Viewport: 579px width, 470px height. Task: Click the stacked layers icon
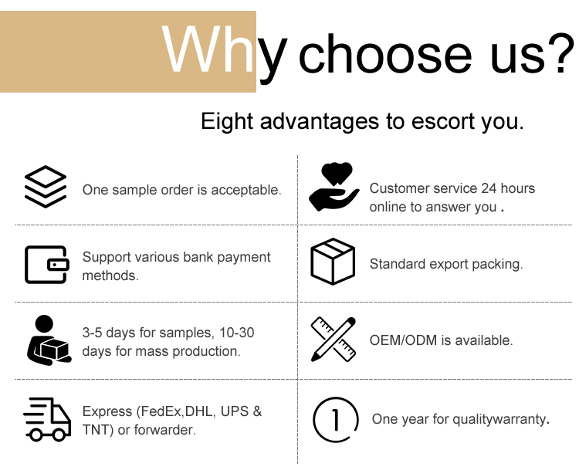(x=46, y=187)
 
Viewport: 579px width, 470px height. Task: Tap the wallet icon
(x=47, y=265)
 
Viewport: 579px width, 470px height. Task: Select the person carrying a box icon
(x=49, y=340)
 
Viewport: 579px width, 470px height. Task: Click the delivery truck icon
(x=47, y=419)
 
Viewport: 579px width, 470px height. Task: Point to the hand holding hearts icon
(x=334, y=187)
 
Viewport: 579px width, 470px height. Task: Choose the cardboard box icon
(x=333, y=262)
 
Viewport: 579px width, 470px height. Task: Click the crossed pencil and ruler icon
(x=333, y=340)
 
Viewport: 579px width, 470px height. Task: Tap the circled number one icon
(x=336, y=419)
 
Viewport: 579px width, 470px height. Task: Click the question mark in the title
(x=564, y=53)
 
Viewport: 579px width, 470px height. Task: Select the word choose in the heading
(x=385, y=54)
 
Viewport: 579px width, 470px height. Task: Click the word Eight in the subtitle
(x=227, y=121)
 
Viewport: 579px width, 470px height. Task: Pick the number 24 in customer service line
(x=489, y=188)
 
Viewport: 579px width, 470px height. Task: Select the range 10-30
(x=237, y=333)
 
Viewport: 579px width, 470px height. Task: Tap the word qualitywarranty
(x=499, y=419)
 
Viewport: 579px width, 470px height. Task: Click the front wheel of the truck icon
(x=59, y=434)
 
